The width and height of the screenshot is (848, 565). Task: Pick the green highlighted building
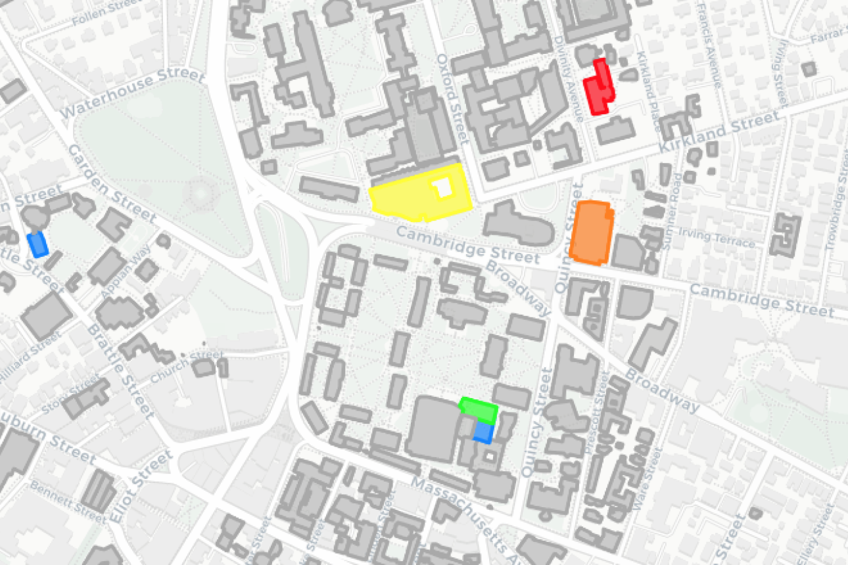click(479, 409)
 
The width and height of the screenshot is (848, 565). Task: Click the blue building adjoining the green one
click(484, 432)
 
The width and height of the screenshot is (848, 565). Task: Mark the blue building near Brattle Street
click(38, 244)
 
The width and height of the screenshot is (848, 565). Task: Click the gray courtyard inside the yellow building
click(445, 187)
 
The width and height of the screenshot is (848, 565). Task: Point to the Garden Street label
click(112, 184)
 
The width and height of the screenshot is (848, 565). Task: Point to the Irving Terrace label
click(717, 238)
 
